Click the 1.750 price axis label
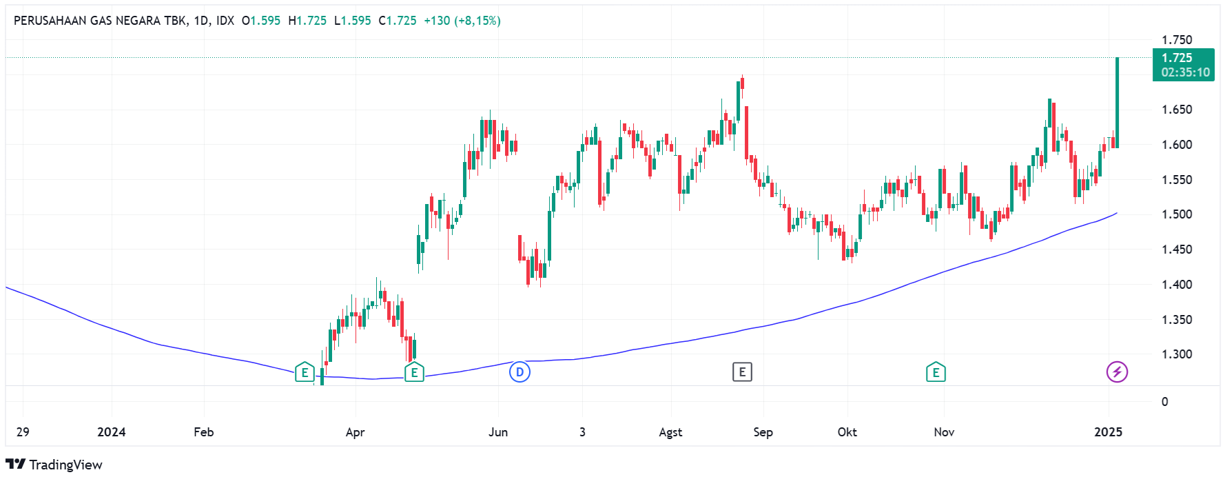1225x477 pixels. point(1177,40)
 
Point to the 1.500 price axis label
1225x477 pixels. point(1177,214)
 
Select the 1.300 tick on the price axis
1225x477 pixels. point(1177,354)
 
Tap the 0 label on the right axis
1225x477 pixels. point(1164,402)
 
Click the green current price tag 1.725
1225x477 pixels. point(1183,65)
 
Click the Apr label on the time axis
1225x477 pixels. point(355,432)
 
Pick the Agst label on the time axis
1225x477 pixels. point(670,432)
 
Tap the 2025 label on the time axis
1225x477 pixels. point(1108,432)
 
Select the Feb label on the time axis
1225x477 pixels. point(203,432)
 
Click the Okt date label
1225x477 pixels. point(847,432)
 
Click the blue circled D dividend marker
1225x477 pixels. point(519,372)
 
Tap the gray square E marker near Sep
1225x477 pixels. point(742,372)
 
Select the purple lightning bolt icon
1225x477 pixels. point(1117,372)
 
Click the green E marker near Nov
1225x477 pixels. point(936,372)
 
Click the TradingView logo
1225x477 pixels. point(54,465)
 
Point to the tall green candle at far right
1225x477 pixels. point(1118,103)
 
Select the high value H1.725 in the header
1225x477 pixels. point(307,21)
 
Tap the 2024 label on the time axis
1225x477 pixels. point(111,432)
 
